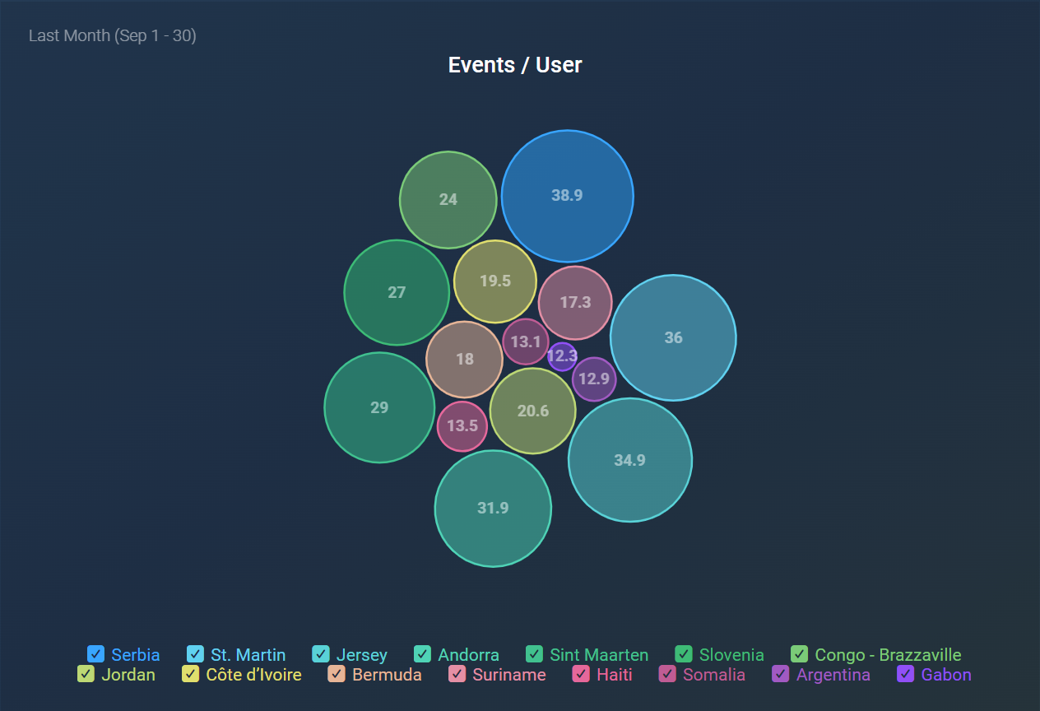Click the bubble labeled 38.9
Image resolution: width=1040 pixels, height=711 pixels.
pyautogui.click(x=567, y=196)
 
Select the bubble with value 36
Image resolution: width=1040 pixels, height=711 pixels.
pyautogui.click(x=673, y=337)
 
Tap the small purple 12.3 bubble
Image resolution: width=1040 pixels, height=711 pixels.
pyautogui.click(x=562, y=356)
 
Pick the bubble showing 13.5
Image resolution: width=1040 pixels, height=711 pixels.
pyautogui.click(x=462, y=425)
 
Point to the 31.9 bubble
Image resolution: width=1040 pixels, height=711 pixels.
pyautogui.click(x=493, y=509)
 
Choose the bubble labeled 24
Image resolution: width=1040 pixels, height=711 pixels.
pyautogui.click(x=448, y=199)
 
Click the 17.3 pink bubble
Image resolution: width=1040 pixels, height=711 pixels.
pyautogui.click(x=575, y=302)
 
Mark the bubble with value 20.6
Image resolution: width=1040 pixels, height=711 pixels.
pyautogui.click(x=532, y=411)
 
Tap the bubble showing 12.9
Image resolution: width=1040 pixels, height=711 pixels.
pyautogui.click(x=594, y=379)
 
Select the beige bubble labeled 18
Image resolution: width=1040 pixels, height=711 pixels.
pyautogui.click(x=464, y=359)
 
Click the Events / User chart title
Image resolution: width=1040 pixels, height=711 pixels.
pyautogui.click(x=515, y=65)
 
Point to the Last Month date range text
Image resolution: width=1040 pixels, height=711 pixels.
pyautogui.click(x=113, y=35)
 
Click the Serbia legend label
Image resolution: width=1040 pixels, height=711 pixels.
pyautogui.click(x=136, y=655)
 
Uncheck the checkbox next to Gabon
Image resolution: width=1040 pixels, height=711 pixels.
pyautogui.click(x=905, y=675)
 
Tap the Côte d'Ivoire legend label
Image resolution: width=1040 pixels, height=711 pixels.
pyautogui.click(x=253, y=675)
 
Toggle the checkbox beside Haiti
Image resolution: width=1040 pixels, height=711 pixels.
pyautogui.click(x=582, y=675)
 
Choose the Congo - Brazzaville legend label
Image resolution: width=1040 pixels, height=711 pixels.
pyautogui.click(x=888, y=655)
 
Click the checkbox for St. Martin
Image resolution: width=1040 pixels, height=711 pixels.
pyautogui.click(x=195, y=655)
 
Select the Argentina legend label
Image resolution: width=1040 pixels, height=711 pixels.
pyautogui.click(x=833, y=675)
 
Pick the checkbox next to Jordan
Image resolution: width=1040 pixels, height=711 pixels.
pyautogui.click(x=86, y=675)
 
